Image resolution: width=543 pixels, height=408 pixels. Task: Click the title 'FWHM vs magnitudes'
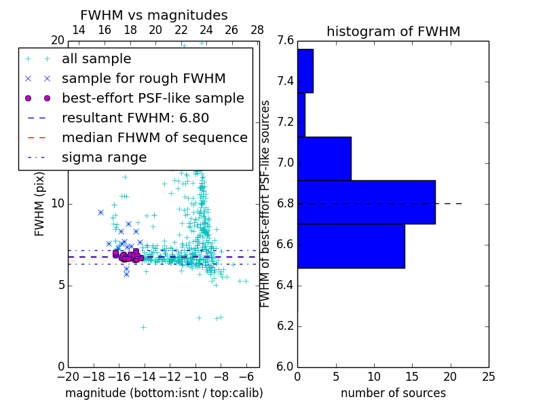pos(154,15)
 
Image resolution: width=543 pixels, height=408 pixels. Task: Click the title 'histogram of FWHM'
pos(393,31)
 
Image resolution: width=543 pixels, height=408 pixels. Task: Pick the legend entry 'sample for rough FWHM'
pos(143,79)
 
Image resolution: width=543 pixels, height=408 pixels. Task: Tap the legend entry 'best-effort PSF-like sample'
pos(153,99)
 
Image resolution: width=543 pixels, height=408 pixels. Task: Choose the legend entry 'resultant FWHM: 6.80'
pos(135,118)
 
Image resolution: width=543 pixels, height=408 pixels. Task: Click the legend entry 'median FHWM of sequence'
pos(154,138)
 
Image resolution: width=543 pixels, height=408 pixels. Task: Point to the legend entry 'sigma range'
pos(104,158)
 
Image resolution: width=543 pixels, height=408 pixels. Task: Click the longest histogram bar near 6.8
pos(366,202)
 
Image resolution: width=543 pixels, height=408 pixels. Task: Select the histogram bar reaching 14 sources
pos(351,246)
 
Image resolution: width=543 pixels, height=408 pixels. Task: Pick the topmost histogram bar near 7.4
pos(305,71)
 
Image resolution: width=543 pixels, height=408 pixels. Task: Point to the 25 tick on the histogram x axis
pos(488,376)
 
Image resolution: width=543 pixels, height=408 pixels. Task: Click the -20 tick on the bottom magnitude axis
pos(68,376)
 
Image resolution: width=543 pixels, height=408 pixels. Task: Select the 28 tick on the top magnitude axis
pos(257,30)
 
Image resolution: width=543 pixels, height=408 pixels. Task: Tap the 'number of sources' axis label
pos(393,393)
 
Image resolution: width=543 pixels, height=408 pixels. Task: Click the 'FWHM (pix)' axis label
pos(40,203)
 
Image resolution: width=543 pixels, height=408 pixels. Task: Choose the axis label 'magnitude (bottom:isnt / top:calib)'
pos(164,393)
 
